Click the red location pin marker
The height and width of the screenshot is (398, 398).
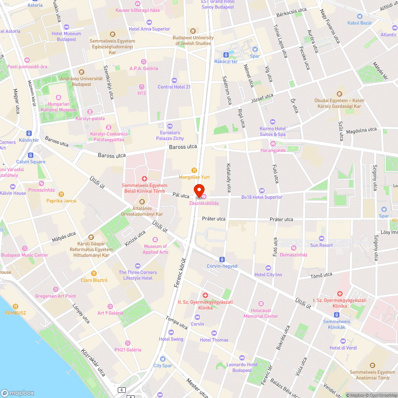coord(199,190)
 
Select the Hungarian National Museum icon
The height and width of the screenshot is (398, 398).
coord(59,98)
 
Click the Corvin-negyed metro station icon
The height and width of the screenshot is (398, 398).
coord(222,259)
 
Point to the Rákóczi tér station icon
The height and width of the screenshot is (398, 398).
coord(226,54)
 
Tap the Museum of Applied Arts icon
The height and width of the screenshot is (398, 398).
coord(155,240)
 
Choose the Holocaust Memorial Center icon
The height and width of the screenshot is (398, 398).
coord(261,304)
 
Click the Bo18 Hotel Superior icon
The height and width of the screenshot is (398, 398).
coord(261,190)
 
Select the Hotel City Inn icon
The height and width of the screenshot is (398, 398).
coord(268,268)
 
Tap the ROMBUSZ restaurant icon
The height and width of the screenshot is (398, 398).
coord(15,306)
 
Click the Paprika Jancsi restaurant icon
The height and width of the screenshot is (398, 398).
coord(61,194)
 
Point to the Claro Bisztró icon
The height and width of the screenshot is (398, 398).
coord(94,273)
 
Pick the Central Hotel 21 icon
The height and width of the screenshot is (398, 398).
coord(174,80)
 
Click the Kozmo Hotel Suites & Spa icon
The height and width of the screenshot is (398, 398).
coord(273,122)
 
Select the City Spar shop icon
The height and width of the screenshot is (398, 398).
coord(162,359)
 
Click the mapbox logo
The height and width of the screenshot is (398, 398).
coord(18,392)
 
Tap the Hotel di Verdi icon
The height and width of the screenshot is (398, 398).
coord(343,341)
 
